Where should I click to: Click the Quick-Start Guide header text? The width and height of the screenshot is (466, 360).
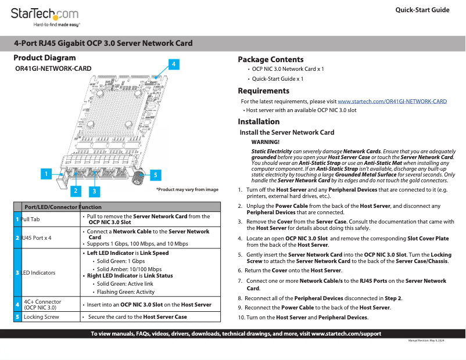[422, 10]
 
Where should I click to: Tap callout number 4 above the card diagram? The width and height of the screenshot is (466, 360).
[173, 64]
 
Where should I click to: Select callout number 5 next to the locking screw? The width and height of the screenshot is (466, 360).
[156, 174]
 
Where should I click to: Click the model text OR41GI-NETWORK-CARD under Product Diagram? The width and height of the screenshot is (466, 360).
[53, 69]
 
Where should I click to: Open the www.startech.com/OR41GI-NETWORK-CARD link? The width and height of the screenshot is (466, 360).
[392, 101]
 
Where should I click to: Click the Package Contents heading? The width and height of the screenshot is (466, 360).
[270, 59]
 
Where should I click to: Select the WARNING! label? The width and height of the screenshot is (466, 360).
[266, 142]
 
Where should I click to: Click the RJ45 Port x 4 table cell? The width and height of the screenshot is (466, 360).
[37, 238]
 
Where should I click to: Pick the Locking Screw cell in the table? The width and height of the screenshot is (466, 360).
[41, 317]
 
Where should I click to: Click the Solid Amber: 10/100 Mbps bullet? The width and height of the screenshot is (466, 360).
[129, 269]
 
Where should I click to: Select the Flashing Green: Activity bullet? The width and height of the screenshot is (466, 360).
[126, 292]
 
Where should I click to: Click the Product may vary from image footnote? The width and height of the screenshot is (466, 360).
[187, 189]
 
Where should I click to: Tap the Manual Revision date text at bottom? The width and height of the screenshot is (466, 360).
[426, 340]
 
